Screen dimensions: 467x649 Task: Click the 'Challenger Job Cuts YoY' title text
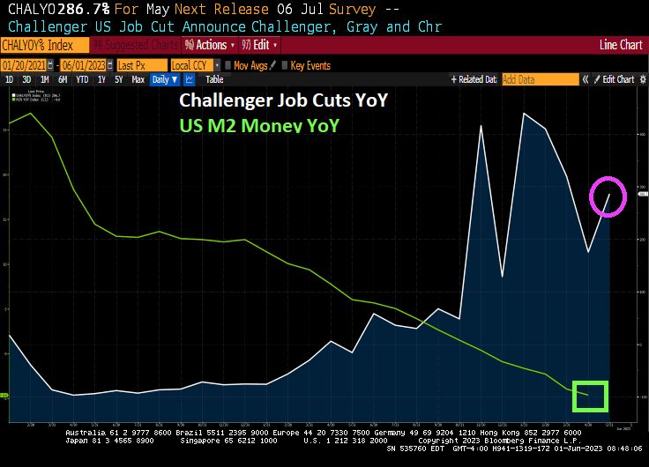tap(284, 100)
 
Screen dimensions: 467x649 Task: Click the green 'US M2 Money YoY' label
tap(260, 126)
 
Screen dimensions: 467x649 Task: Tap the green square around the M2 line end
tap(591, 396)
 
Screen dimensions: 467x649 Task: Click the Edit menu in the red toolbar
tap(261, 45)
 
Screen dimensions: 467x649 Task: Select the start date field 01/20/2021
tap(25, 65)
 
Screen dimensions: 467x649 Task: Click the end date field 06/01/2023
tap(84, 65)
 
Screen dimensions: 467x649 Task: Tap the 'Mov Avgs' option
tap(250, 65)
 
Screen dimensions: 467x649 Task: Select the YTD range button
tap(82, 79)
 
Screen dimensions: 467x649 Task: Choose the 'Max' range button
tap(138, 79)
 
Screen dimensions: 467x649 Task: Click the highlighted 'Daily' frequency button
tap(160, 79)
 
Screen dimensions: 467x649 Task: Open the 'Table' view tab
tap(214, 79)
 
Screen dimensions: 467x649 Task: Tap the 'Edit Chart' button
tap(618, 79)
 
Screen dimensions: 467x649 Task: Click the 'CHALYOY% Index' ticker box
tap(45, 45)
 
